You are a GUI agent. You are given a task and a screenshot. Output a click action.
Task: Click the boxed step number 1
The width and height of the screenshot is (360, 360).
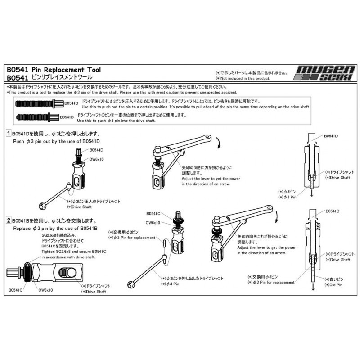(x=8, y=134)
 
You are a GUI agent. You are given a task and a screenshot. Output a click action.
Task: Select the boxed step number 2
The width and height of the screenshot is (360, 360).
(x=8, y=221)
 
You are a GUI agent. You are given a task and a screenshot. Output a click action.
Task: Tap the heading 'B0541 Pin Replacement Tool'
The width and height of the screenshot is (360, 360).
(x=54, y=70)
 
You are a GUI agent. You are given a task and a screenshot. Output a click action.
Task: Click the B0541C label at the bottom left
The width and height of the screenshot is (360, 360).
(x=15, y=290)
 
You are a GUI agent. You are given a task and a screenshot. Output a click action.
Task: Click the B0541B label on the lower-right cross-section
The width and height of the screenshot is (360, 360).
(x=332, y=211)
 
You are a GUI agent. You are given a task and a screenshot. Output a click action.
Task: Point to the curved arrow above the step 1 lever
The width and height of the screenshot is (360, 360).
(x=218, y=143)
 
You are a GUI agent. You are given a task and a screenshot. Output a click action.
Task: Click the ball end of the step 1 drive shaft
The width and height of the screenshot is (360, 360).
(x=43, y=207)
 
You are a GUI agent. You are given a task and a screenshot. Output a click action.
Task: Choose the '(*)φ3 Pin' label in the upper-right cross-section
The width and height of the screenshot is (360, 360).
(x=288, y=197)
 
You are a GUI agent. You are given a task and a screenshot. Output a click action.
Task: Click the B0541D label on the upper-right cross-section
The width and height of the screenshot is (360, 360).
(x=331, y=135)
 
